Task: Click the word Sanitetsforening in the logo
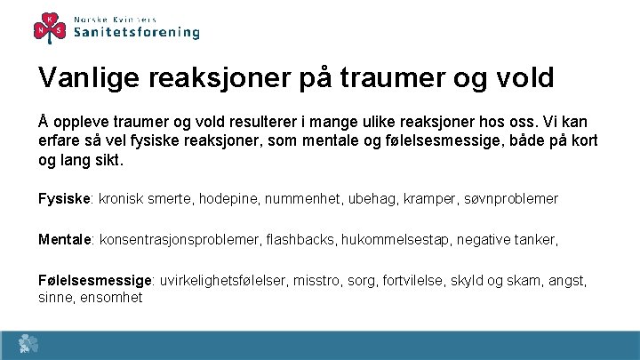click(x=136, y=32)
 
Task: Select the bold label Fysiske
click(x=65, y=198)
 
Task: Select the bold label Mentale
click(x=66, y=239)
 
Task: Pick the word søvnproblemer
click(x=511, y=198)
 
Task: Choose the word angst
click(x=566, y=281)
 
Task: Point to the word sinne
click(x=55, y=297)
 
